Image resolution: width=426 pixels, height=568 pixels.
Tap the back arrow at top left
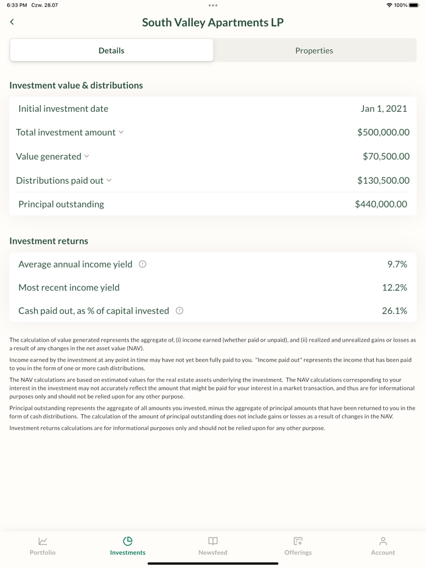click(12, 22)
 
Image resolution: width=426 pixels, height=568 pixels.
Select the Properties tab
click(314, 50)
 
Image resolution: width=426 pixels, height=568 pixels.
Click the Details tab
click(111, 50)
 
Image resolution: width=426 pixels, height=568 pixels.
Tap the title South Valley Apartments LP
click(213, 23)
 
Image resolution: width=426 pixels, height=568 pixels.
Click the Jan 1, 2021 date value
click(383, 109)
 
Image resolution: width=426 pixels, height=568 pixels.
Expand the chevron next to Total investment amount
click(121, 132)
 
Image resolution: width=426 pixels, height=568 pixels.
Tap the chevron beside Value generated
click(87, 156)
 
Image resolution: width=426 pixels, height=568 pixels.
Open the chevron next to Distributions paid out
click(110, 181)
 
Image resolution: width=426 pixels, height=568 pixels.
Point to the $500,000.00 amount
click(383, 133)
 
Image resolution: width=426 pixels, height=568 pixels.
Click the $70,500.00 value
click(386, 157)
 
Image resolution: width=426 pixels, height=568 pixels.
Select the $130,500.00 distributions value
click(383, 181)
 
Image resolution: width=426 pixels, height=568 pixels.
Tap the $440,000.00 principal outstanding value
click(381, 204)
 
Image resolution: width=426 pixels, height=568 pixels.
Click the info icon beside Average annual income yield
click(142, 265)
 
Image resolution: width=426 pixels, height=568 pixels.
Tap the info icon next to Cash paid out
click(180, 311)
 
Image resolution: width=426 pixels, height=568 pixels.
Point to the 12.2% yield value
click(394, 288)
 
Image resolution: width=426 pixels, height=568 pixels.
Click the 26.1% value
click(394, 311)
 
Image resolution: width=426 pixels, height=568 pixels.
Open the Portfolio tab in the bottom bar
click(43, 545)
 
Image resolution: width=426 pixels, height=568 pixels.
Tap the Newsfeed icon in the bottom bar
click(213, 541)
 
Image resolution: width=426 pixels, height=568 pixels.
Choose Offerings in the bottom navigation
click(298, 545)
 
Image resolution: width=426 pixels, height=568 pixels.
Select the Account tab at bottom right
click(383, 545)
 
